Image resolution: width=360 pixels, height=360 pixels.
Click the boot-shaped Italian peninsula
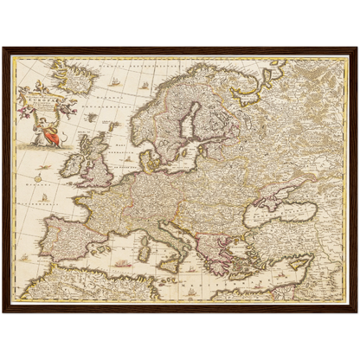coord(173,238)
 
